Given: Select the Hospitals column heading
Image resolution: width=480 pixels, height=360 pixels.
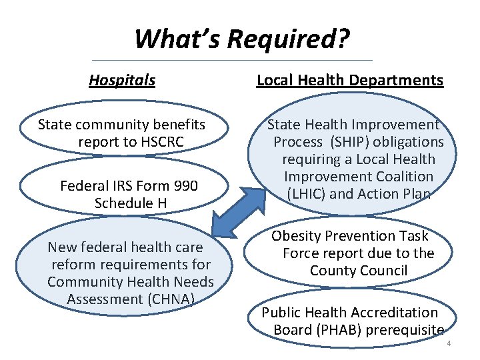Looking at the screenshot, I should click(122, 81).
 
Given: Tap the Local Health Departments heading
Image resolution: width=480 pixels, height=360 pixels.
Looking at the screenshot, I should click(350, 81).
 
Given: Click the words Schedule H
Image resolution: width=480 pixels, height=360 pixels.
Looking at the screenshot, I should click(130, 203).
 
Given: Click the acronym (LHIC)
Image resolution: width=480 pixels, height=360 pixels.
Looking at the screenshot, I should click(307, 194).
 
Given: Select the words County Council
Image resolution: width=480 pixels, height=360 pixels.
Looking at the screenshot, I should click(359, 271).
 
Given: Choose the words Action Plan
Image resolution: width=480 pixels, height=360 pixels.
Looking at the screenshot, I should click(400, 194).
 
